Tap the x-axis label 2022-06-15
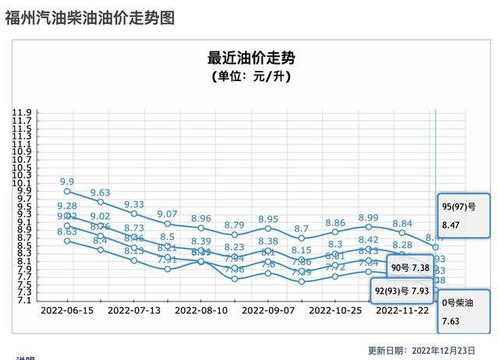68,311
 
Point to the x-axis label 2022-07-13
134,311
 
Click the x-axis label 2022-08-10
201,311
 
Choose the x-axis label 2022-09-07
268,311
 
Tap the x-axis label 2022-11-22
402,311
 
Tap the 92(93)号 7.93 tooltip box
401,291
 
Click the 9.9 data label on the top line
68,182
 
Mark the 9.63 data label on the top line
100,192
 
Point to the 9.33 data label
134,204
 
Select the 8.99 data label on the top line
368,217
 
